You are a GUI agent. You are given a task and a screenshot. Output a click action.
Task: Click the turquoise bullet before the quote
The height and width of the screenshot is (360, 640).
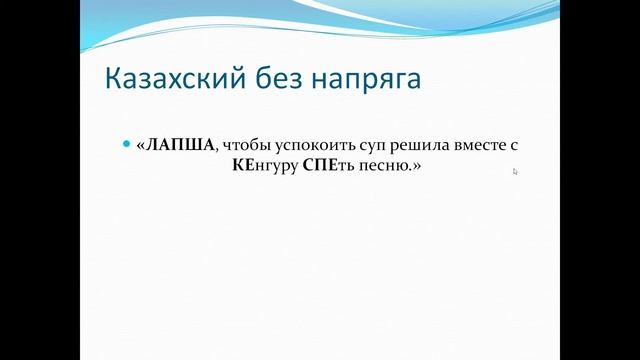tap(126, 144)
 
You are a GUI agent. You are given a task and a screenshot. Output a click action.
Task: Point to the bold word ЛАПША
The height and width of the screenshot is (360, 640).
tap(179, 145)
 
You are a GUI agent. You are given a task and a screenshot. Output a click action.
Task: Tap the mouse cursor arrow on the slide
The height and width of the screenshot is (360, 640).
tap(515, 171)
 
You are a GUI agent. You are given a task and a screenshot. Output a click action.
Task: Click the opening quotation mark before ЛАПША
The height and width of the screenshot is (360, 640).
tap(141, 145)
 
